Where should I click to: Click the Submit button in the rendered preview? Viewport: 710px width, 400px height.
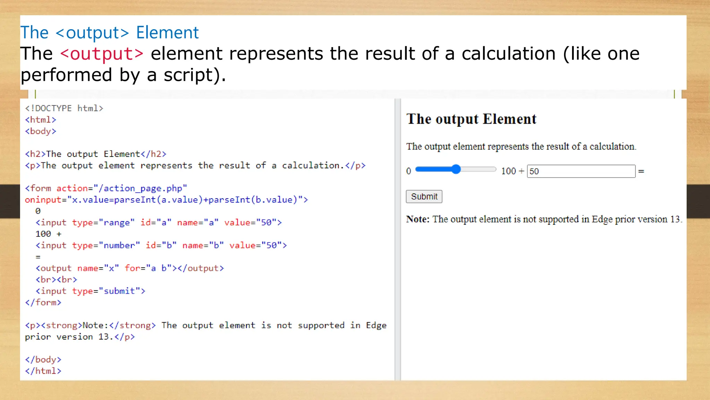[424, 197]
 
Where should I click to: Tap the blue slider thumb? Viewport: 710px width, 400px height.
[456, 169]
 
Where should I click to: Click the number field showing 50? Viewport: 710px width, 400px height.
[581, 171]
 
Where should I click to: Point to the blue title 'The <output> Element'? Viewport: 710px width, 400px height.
[110, 33]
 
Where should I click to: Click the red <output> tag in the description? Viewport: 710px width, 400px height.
[102, 54]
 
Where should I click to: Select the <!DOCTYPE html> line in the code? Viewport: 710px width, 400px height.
[64, 108]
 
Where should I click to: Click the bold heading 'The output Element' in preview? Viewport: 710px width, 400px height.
[471, 119]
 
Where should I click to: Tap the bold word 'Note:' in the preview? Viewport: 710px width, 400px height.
[418, 219]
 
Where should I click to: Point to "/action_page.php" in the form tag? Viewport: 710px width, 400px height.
[140, 188]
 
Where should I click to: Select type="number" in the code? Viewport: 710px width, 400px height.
[106, 245]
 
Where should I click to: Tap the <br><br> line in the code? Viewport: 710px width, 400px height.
[56, 280]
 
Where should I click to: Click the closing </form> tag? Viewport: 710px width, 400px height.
[43, 302]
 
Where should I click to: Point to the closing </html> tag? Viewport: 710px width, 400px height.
[43, 371]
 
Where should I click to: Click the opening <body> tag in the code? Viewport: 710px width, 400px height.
[41, 131]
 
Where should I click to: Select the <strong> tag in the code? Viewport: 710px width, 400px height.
[61, 325]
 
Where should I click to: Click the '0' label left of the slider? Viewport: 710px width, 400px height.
[408, 171]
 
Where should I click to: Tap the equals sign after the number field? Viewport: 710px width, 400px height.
[641, 171]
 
